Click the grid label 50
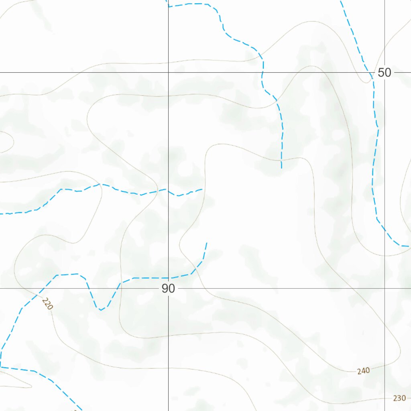pos(384,73)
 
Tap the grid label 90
pos(169,288)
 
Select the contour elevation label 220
pos(47,304)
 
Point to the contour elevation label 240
pos(363,371)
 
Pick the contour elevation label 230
pos(399,398)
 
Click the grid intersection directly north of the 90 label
pos(168,73)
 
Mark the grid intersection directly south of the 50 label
pos(385,288)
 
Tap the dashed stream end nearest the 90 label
pos(206,243)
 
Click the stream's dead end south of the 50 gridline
pos(281,168)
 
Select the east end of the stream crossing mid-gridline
pos(202,189)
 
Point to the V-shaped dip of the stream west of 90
pos(100,310)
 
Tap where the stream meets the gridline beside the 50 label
pos(373,73)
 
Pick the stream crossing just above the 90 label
pos(168,278)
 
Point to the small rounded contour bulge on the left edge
pos(13,141)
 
